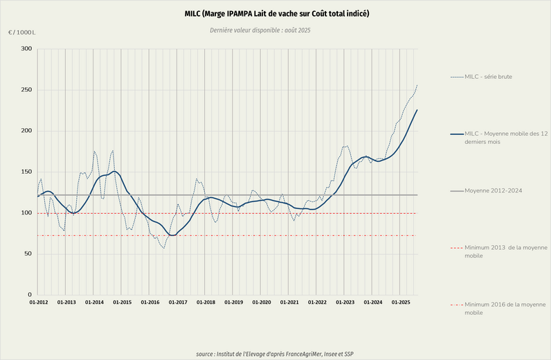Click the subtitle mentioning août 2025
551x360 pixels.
coord(276,30)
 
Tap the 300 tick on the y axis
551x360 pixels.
coord(26,49)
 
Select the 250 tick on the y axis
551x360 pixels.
coord(26,90)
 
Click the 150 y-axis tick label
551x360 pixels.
coord(26,172)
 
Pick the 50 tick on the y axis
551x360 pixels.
coord(28,254)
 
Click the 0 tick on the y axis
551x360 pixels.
coord(30,295)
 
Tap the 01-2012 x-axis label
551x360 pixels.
coord(39,303)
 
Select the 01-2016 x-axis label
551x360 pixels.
coord(150,303)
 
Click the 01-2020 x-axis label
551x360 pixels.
coord(261,303)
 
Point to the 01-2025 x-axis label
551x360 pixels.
coord(401,303)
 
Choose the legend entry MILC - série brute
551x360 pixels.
coord(488,76)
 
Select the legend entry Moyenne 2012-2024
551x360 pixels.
coord(493,190)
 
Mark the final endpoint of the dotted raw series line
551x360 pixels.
coord(417,85)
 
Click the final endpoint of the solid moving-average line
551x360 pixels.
coord(417,110)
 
